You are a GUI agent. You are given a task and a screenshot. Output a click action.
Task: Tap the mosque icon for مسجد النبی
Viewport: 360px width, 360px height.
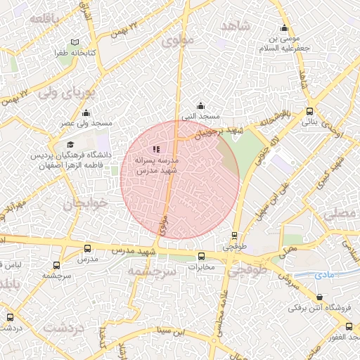tap(200, 105)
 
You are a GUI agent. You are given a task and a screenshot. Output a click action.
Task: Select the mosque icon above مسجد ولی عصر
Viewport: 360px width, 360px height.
tap(86, 113)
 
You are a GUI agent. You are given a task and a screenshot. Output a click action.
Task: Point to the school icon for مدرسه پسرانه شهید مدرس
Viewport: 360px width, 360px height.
tap(156, 149)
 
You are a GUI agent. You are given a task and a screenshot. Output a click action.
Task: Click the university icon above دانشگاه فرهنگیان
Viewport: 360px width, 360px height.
tap(70, 143)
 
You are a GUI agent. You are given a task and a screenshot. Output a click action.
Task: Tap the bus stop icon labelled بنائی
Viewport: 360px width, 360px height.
tap(310, 111)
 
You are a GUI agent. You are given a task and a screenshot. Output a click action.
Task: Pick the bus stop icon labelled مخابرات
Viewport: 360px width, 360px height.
tap(202, 256)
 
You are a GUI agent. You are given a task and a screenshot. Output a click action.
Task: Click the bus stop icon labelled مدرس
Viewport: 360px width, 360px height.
tap(87, 248)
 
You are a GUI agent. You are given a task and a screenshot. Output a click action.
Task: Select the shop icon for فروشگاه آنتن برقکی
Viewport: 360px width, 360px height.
tap(320, 297)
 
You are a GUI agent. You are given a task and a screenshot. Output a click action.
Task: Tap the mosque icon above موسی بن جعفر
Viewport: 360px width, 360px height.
tap(284, 29)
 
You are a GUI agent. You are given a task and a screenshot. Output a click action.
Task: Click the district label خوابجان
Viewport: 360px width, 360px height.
tap(88, 204)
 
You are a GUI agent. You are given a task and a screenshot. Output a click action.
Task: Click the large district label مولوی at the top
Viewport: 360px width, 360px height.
tap(176, 41)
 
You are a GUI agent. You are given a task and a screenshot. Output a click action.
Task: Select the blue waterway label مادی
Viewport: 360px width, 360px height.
tap(324, 274)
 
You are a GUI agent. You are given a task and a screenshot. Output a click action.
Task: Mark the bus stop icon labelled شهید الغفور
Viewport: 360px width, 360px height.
tap(349, 326)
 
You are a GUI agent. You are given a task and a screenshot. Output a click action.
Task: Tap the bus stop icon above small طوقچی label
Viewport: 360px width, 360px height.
tap(235, 236)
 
